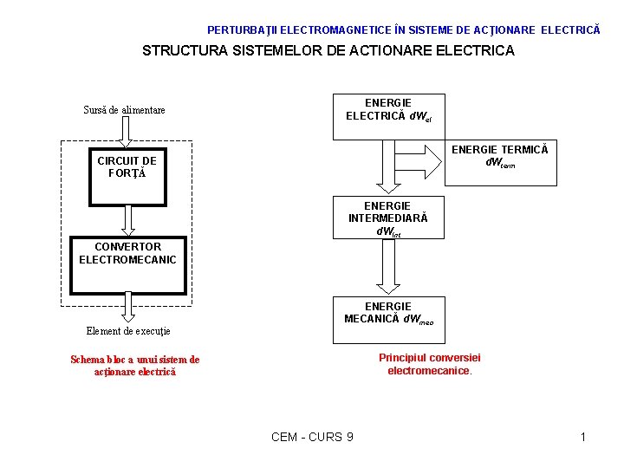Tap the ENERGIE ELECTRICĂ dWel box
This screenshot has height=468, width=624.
coord(388,116)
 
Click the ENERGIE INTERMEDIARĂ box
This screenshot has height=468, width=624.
coord(381,218)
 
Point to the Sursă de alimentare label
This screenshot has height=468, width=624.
coord(124,110)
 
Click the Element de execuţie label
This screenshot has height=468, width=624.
coord(128,331)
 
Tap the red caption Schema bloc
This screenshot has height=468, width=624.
coord(134,366)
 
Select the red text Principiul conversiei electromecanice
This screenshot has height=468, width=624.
coord(430,364)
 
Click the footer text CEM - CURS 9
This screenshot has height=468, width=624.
coord(312,437)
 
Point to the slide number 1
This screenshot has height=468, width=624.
coord(583,437)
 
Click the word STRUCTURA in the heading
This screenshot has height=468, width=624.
coord(182,50)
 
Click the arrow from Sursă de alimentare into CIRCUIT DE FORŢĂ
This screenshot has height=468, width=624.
coord(125,133)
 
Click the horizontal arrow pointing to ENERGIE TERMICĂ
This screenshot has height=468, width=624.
coord(418,159)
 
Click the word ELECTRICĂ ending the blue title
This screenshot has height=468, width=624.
coord(570,29)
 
